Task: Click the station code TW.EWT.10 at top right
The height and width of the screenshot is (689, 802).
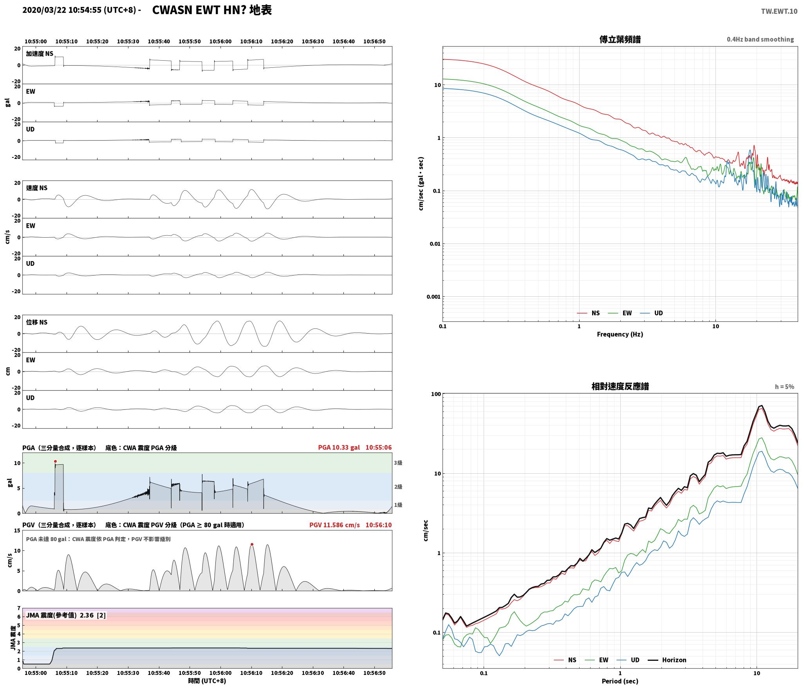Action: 779,11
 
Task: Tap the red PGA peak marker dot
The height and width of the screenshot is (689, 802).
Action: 55,461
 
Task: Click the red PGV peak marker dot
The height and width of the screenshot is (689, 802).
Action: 252,544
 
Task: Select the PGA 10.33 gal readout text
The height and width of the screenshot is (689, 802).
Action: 339,447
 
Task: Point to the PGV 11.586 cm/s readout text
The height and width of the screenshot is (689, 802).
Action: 334,525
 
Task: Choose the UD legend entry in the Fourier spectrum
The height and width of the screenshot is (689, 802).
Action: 651,313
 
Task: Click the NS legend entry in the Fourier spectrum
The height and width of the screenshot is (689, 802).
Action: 588,313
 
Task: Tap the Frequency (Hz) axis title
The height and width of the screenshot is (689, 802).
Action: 620,334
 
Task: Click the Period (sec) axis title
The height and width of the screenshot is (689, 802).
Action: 620,681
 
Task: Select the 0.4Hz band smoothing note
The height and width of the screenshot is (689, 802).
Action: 760,40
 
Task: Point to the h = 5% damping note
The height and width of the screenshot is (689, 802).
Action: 784,387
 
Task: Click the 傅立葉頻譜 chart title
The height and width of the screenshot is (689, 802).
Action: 620,39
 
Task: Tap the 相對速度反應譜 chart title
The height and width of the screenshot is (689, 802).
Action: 620,386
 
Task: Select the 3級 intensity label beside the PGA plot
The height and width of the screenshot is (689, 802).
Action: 398,463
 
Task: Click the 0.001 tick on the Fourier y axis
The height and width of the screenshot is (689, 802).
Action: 434,297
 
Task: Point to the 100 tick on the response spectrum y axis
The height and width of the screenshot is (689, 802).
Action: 436,394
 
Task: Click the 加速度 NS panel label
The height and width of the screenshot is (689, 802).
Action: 40,54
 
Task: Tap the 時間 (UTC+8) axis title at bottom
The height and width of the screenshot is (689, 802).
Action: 207,681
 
